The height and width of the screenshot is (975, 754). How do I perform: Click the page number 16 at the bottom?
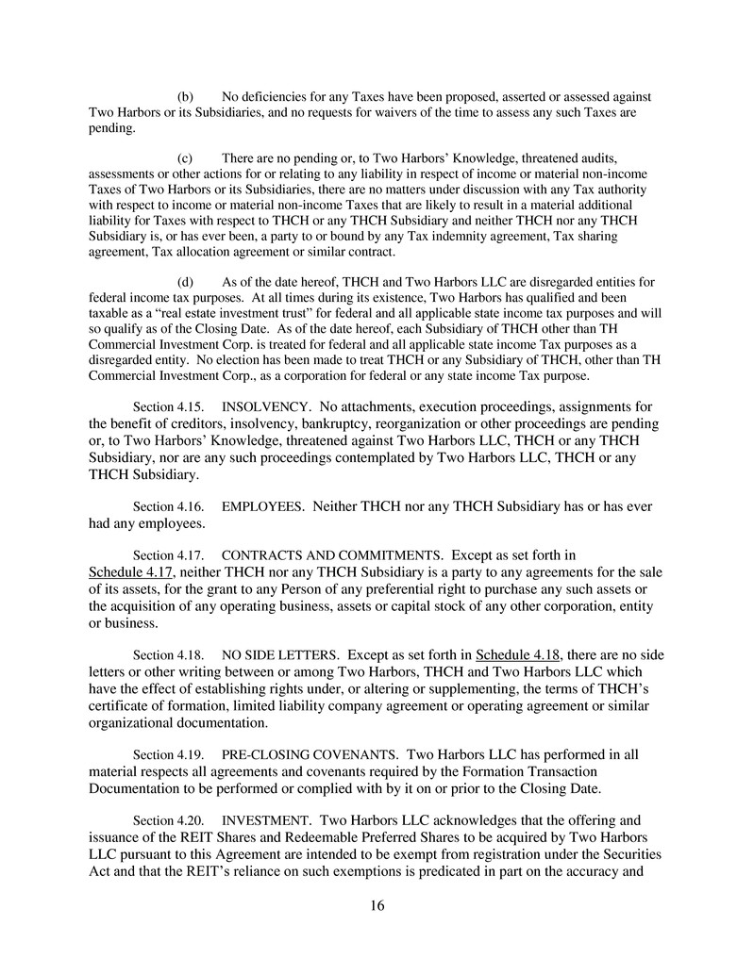377,906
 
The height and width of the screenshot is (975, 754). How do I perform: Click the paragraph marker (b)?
186,97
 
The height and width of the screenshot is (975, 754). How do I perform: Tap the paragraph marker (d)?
186,282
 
